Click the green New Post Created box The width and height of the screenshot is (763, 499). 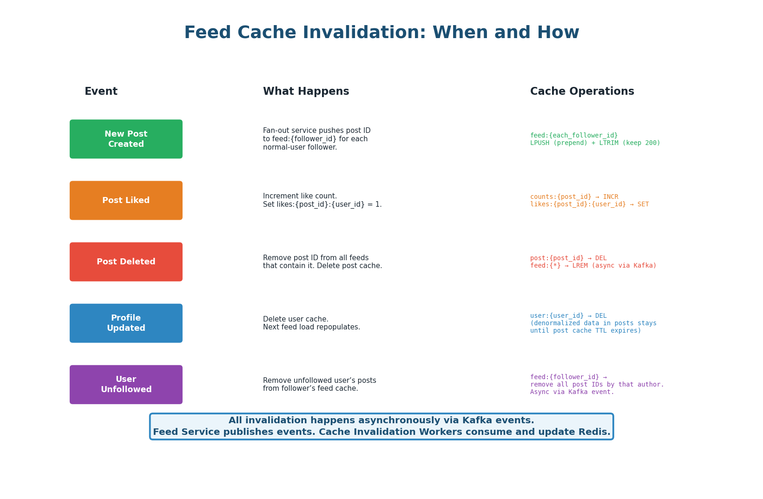[126, 139]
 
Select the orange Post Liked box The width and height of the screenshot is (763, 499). [126, 200]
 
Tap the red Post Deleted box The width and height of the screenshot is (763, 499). [126, 262]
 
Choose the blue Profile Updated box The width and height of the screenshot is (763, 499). [126, 323]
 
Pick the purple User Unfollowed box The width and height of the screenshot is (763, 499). [126, 384]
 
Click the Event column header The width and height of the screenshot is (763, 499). [101, 92]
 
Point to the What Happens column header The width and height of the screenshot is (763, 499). [306, 92]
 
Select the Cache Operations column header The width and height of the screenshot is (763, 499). [582, 92]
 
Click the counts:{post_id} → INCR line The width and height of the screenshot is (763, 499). [574, 197]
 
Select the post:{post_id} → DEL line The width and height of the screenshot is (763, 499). [568, 258]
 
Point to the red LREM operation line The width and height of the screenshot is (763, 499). [593, 266]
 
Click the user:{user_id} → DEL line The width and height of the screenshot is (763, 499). [568, 316]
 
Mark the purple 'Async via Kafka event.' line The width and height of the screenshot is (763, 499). [572, 392]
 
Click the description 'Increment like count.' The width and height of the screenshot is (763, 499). [300, 197]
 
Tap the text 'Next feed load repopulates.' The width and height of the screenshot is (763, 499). [311, 327]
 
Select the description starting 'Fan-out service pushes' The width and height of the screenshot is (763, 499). [316, 131]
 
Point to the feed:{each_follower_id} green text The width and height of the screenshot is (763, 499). [574, 136]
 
